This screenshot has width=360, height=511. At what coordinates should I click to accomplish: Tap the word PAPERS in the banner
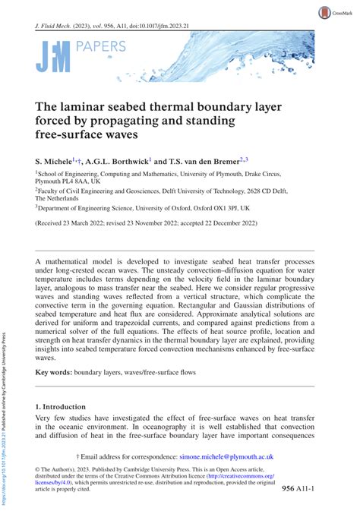click(102, 46)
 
